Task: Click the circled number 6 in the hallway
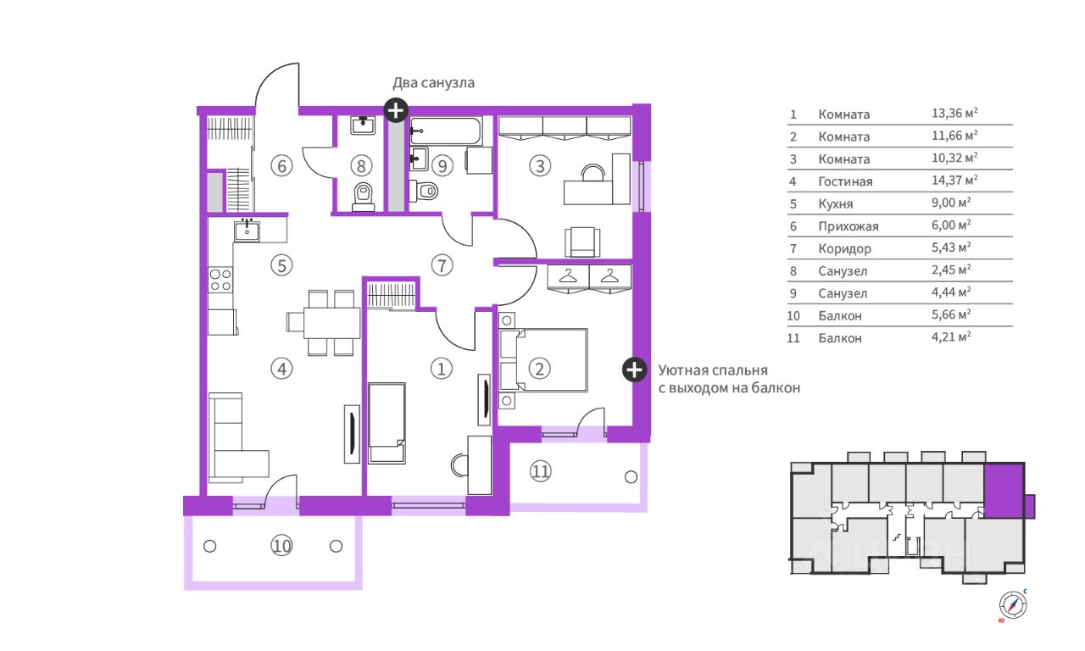point(281,165)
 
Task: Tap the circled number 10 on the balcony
point(281,547)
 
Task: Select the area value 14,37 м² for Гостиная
point(954,181)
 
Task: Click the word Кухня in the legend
point(836,204)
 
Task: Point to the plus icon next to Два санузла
point(396,110)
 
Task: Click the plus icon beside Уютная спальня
point(635,370)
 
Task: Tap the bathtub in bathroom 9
point(446,131)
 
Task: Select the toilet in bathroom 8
point(363,197)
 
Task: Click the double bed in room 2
point(543,360)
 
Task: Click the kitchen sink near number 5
point(247,231)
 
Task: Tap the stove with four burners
point(220,281)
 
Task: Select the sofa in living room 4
point(238,437)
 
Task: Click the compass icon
point(1013,604)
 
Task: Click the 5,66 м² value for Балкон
point(951,314)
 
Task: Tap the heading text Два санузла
point(433,83)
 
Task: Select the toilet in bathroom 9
point(424,191)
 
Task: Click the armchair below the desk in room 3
point(582,242)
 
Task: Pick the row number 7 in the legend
point(793,249)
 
